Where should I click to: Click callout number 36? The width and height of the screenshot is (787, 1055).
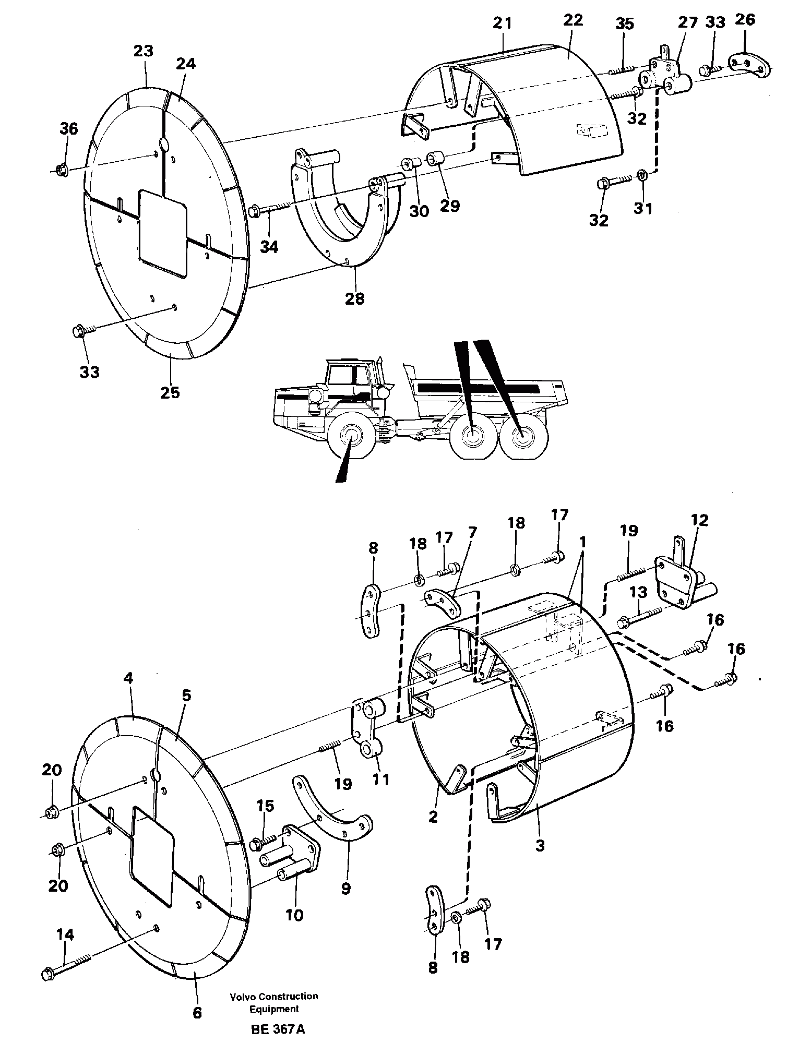point(68,128)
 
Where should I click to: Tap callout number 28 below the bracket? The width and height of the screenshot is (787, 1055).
point(355,298)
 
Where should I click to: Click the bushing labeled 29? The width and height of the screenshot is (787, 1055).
point(435,157)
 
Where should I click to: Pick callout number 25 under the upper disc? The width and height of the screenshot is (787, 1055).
point(170,392)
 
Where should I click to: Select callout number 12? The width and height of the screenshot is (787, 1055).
point(699,521)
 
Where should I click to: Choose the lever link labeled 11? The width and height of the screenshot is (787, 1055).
point(369,730)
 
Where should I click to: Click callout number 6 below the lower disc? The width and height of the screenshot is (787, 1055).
point(197,1013)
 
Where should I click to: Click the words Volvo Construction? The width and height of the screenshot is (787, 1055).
point(274,996)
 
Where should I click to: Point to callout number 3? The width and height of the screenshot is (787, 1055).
point(540,846)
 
